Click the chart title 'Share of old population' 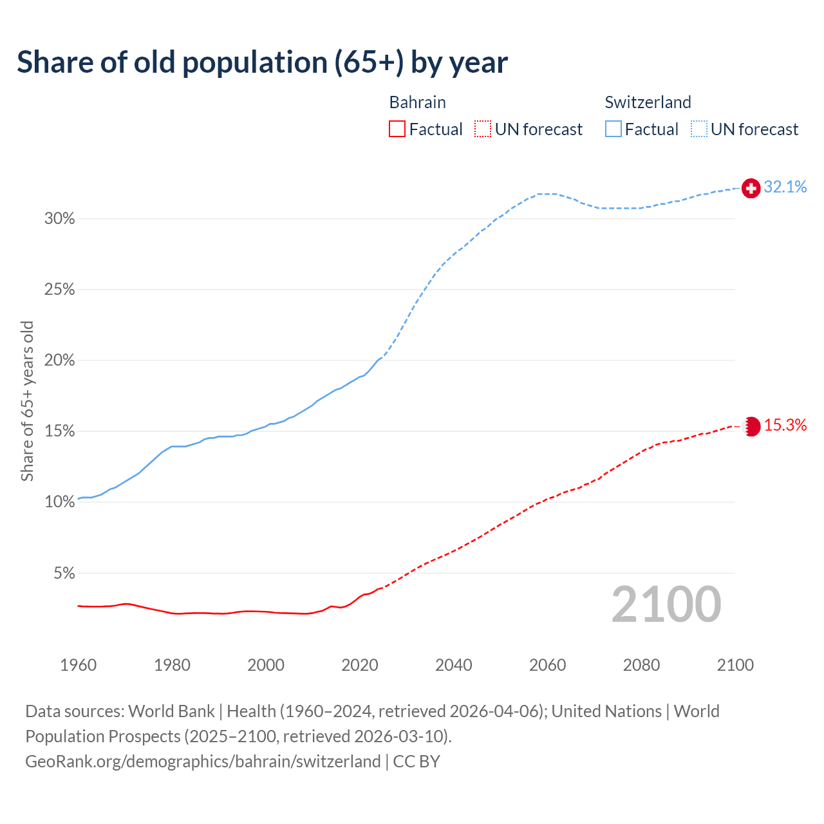[x=262, y=62]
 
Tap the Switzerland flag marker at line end [x=751, y=188]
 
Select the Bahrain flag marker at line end [x=751, y=426]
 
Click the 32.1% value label [x=785, y=187]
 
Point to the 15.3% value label [x=785, y=426]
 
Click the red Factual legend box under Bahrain [x=397, y=129]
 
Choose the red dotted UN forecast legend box [x=483, y=129]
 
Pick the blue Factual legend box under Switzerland [x=613, y=129]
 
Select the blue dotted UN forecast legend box [x=698, y=129]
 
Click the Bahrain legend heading [x=417, y=102]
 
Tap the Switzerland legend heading [x=648, y=102]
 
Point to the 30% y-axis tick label [x=59, y=219]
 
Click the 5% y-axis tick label [x=63, y=573]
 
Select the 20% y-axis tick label [x=59, y=360]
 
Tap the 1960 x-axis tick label [x=78, y=665]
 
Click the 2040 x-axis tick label [x=453, y=665]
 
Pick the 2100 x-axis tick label [x=735, y=665]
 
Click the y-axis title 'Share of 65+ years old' [x=27, y=400]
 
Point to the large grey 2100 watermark [x=666, y=604]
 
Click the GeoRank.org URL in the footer [x=203, y=762]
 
